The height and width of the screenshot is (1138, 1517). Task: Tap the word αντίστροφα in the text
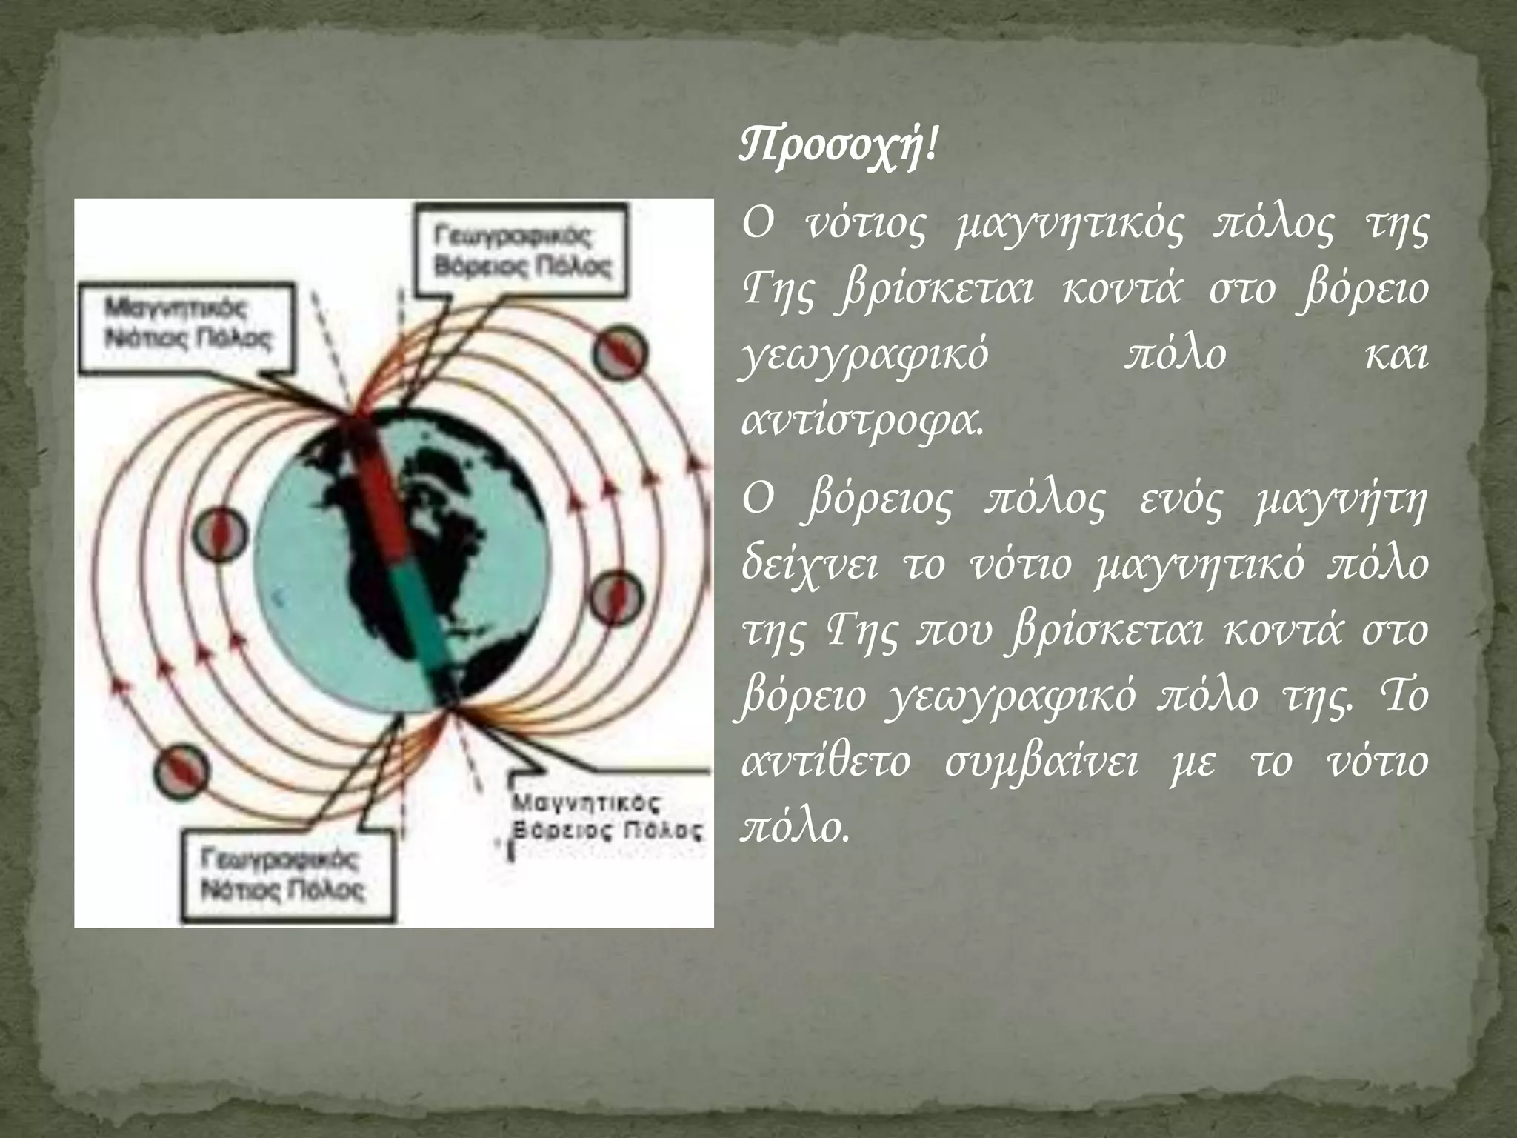tap(862, 423)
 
